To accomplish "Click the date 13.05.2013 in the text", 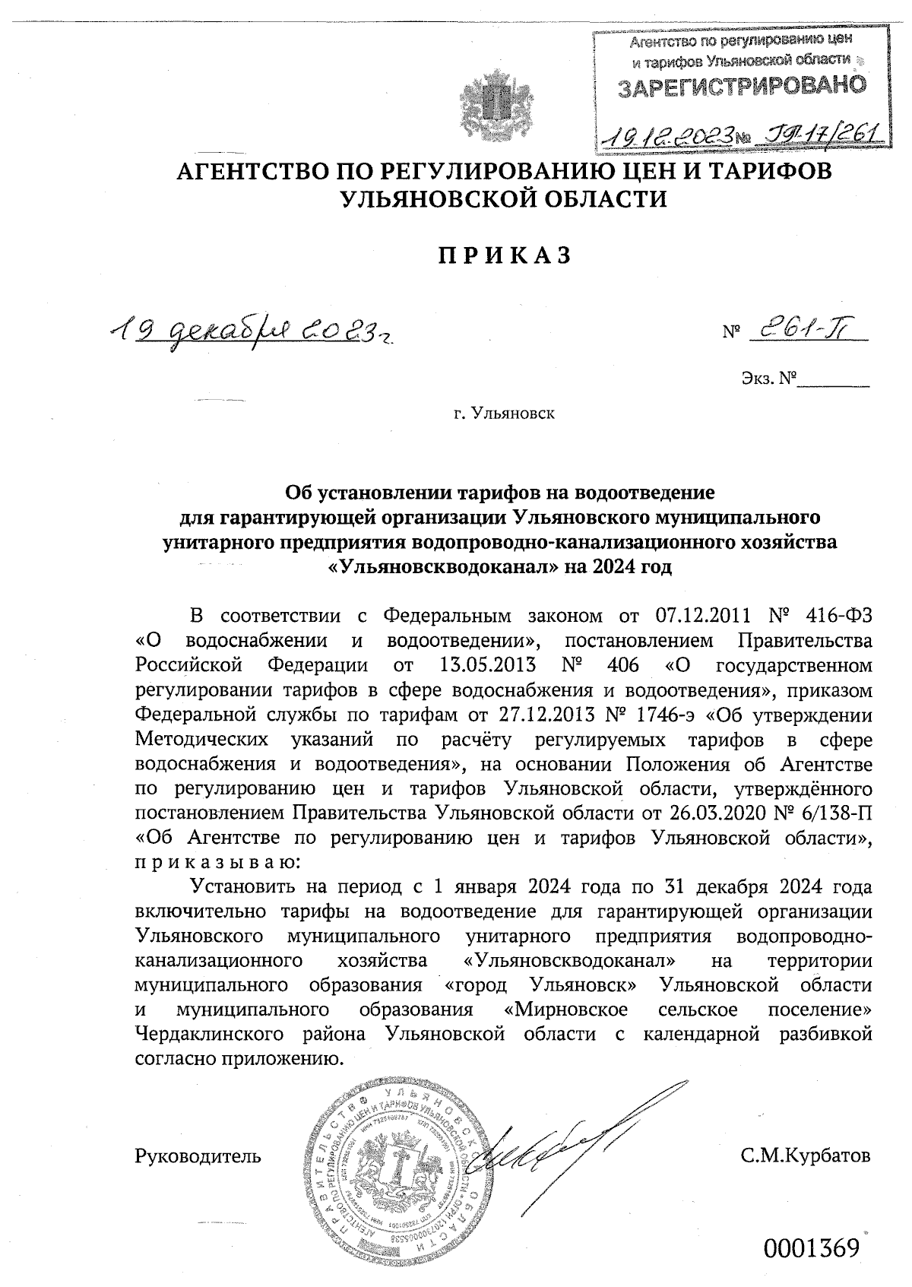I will tap(488, 664).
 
